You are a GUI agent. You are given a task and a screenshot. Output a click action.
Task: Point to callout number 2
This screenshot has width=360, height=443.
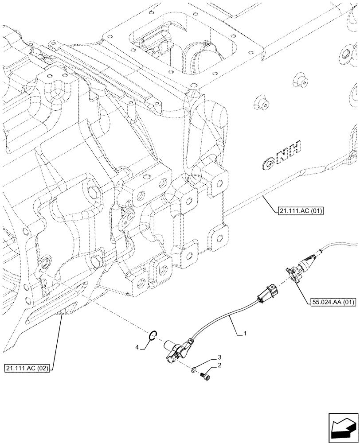pos(219,365)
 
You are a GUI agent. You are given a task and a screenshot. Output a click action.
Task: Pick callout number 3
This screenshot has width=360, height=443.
pos(219,357)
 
